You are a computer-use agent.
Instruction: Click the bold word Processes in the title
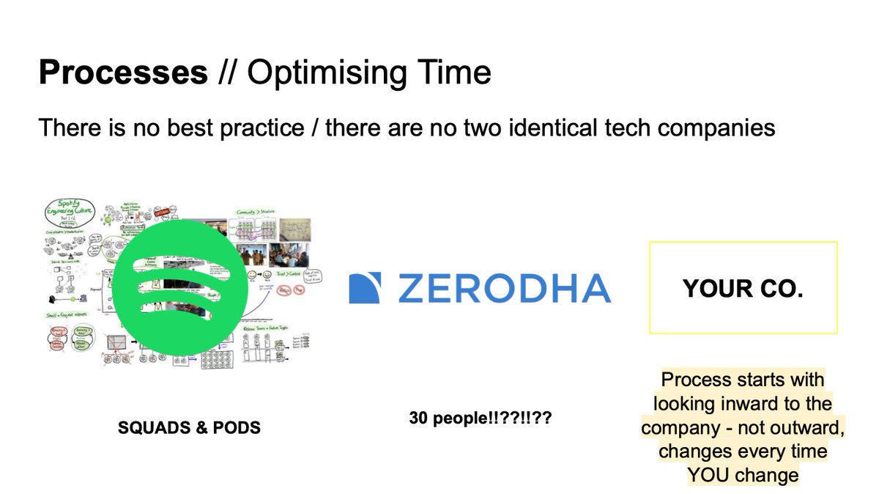(x=123, y=74)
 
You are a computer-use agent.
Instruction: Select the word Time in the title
(x=454, y=74)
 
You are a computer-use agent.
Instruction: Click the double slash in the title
(x=228, y=74)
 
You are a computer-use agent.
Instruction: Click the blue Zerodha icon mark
(x=366, y=288)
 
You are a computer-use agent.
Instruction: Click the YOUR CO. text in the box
(x=743, y=289)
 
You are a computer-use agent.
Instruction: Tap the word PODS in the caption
(x=234, y=427)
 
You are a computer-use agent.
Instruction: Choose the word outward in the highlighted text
(x=805, y=428)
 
